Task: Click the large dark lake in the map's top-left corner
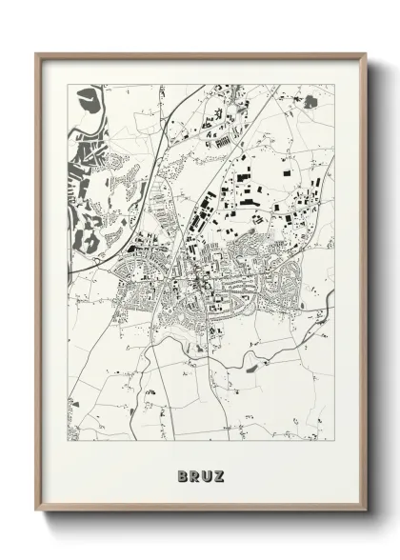89,99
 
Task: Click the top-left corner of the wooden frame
37,54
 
